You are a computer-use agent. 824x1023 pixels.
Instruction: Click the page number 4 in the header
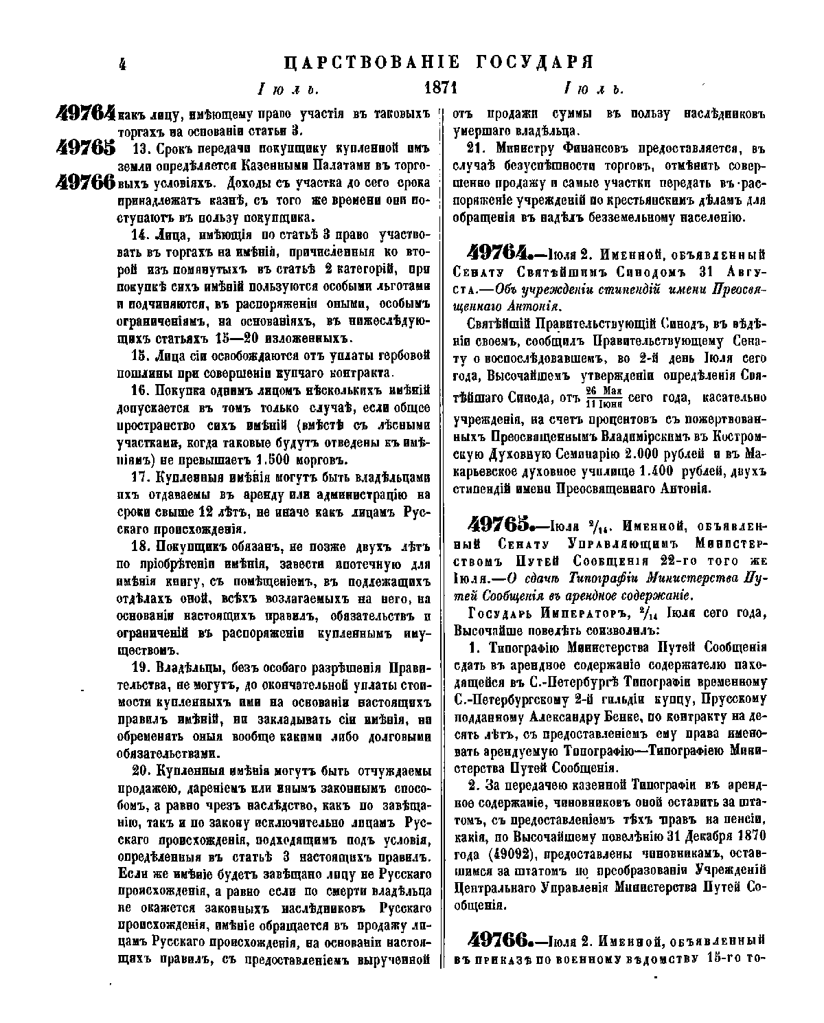(123, 65)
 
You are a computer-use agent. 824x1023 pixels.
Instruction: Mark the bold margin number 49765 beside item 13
(86, 149)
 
